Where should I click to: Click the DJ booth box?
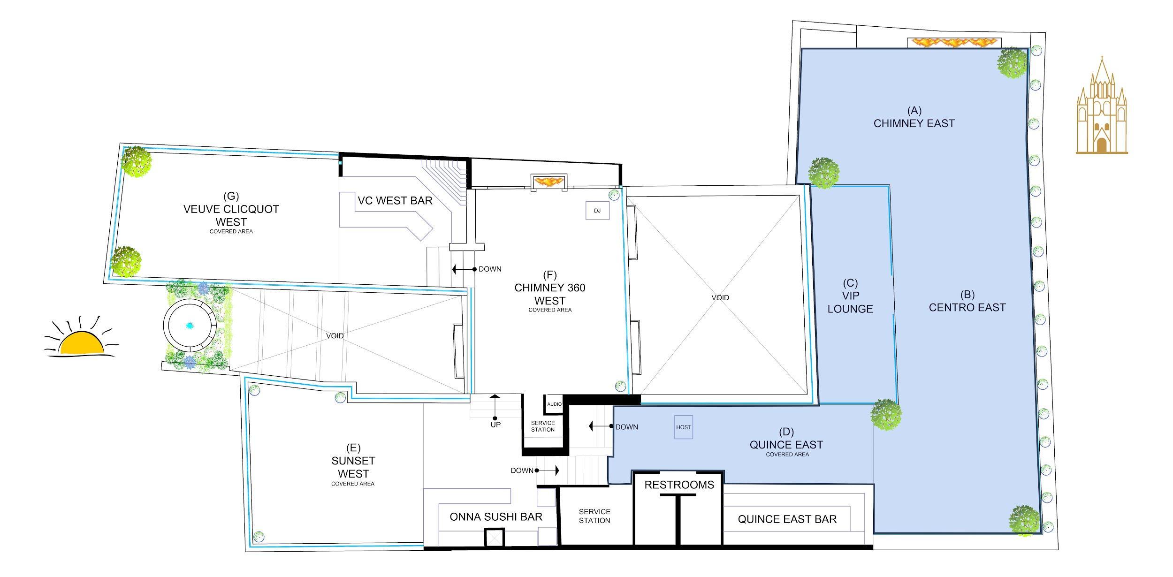(597, 211)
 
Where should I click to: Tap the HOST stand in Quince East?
(684, 427)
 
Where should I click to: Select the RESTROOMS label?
(679, 485)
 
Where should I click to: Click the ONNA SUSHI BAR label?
(496, 517)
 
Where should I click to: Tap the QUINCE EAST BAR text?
(787, 519)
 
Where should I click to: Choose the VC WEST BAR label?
(395, 200)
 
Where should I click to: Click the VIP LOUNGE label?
(850, 296)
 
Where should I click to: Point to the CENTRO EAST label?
(967, 301)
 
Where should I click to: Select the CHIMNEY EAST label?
(914, 117)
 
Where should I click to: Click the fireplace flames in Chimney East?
(954, 43)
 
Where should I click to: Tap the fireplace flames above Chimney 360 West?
(549, 181)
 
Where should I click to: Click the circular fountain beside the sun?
(190, 325)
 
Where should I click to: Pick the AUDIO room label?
(554, 404)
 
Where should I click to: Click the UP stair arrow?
(495, 407)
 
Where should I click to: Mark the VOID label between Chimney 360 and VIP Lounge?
(720, 297)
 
